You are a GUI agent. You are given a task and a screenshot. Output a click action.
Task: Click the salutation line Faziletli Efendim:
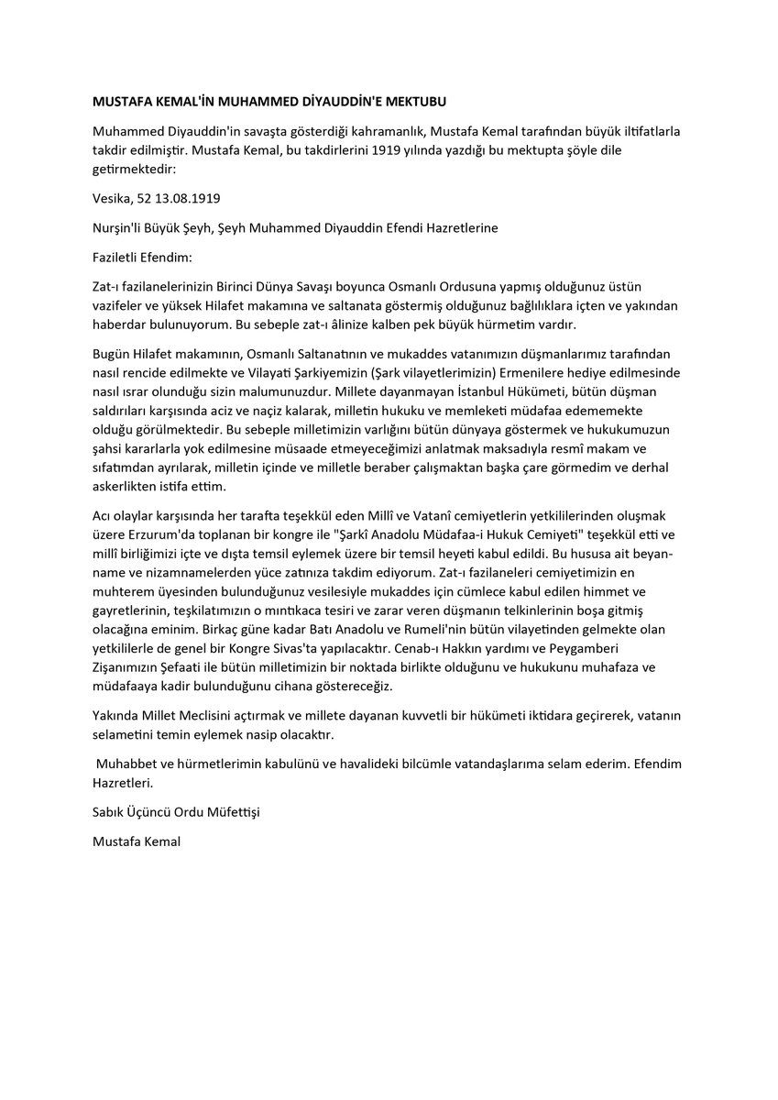pyautogui.click(x=143, y=258)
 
